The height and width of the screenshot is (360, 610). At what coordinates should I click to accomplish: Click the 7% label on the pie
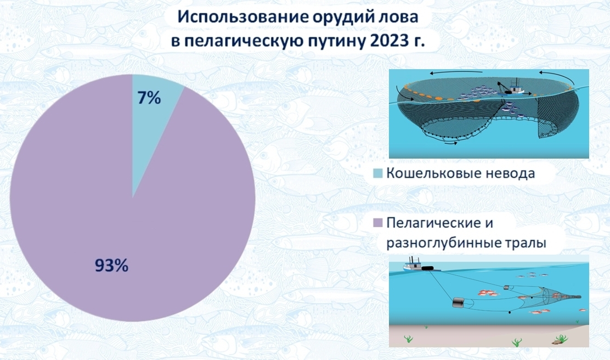(149, 98)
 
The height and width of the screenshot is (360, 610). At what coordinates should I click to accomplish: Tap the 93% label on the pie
(112, 266)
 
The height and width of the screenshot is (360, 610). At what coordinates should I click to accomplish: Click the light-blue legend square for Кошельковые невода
(378, 173)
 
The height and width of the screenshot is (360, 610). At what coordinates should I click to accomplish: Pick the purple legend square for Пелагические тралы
(378, 223)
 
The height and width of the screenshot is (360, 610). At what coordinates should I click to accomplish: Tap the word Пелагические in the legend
(436, 223)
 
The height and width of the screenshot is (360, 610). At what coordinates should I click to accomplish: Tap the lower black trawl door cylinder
(459, 302)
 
